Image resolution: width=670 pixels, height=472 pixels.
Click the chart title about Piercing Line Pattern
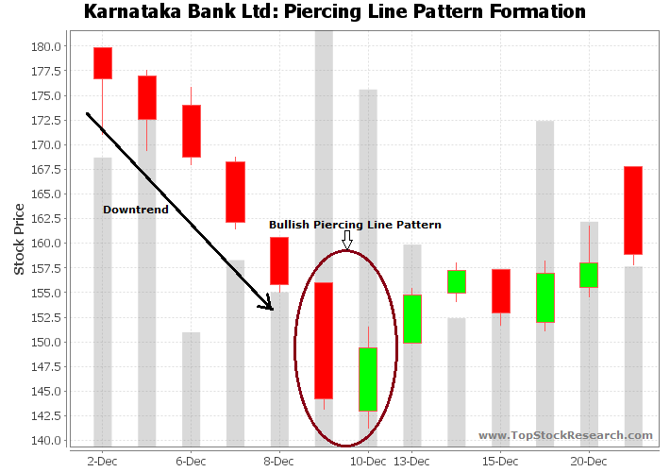coord(335,12)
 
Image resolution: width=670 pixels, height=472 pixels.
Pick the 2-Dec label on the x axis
coord(102,461)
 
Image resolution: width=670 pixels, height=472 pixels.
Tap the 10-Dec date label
coord(368,461)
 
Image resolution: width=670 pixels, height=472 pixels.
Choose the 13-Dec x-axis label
coord(412,461)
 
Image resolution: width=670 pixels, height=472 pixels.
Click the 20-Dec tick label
coord(589,461)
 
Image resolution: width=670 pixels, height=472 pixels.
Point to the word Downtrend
coord(136,210)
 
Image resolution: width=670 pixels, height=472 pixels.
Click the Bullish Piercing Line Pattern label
coord(355,225)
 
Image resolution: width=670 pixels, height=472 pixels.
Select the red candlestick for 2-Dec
coord(103,62)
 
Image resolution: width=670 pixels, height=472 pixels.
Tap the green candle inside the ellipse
coord(368,379)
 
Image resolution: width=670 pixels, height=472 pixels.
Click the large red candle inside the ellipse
coord(324,340)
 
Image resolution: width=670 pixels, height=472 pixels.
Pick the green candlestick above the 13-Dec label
coord(412,318)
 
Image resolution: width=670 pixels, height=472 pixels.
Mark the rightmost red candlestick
coord(633,211)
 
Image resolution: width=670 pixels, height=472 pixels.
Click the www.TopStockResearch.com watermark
coord(565,435)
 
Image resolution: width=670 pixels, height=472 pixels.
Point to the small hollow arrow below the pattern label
coord(346,240)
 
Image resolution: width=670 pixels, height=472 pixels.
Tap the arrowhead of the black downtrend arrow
coord(269,305)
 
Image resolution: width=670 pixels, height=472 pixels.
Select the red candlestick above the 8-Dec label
coord(279,261)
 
